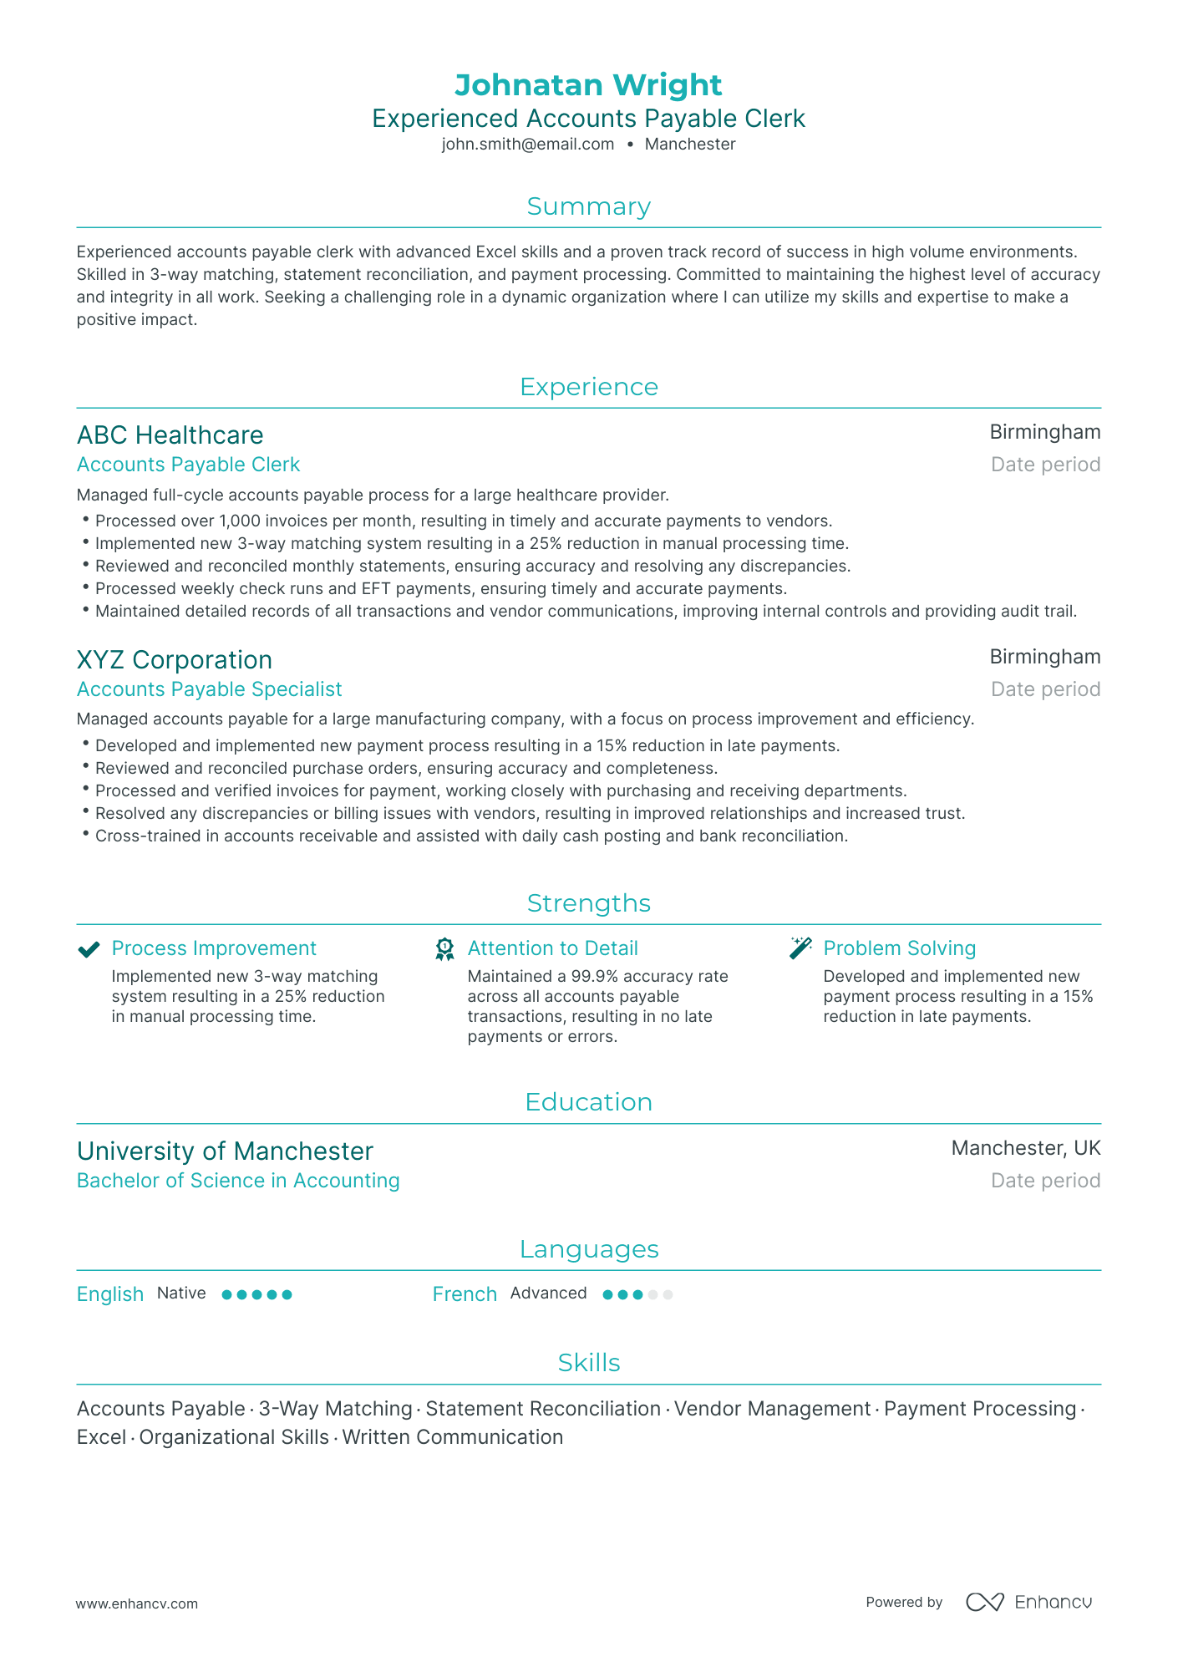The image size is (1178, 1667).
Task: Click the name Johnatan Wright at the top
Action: click(588, 85)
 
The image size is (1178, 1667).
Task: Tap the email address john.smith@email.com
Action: click(527, 144)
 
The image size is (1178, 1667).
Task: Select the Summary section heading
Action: click(588, 206)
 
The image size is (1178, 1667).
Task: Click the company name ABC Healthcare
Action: click(170, 435)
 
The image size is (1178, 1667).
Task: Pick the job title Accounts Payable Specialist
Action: click(209, 689)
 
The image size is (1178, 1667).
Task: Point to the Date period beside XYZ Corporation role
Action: click(1045, 689)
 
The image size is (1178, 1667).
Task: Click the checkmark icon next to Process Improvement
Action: click(89, 949)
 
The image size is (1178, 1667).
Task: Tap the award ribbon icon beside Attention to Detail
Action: click(444, 949)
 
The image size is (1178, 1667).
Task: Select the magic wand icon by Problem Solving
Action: click(800, 948)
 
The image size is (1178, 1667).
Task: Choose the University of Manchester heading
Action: click(225, 1151)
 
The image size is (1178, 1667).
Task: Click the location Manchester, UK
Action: click(1025, 1148)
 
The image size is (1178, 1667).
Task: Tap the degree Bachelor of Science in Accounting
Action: click(238, 1181)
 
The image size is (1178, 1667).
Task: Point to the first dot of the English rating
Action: click(226, 1294)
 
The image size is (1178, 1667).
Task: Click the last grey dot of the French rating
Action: click(668, 1295)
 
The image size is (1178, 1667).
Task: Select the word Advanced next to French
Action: click(548, 1293)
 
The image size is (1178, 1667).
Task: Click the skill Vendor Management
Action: click(772, 1409)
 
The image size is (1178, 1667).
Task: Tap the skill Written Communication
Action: click(452, 1437)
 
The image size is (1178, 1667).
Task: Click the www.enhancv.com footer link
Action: click(137, 1603)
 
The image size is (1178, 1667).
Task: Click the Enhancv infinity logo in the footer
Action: click(984, 1602)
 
